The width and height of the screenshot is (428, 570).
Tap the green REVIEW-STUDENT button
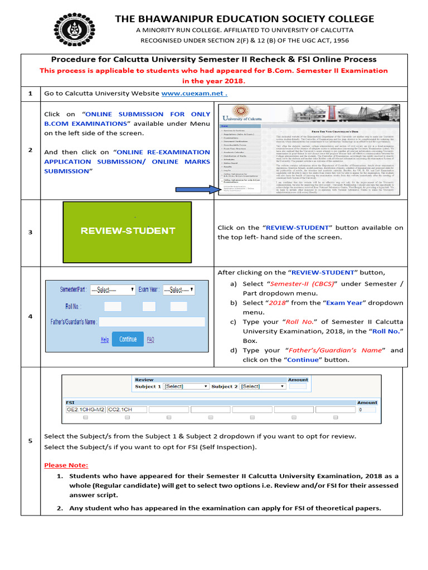[x=128, y=230]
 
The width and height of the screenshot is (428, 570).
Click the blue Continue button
[x=128, y=339]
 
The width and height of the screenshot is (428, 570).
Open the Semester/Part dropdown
[x=113, y=290]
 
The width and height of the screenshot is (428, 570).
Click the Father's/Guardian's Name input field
[x=152, y=322]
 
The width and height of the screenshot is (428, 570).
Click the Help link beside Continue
[x=105, y=340]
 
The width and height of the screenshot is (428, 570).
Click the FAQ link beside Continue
[x=150, y=340]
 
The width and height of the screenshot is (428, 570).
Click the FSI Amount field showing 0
[x=367, y=410]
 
